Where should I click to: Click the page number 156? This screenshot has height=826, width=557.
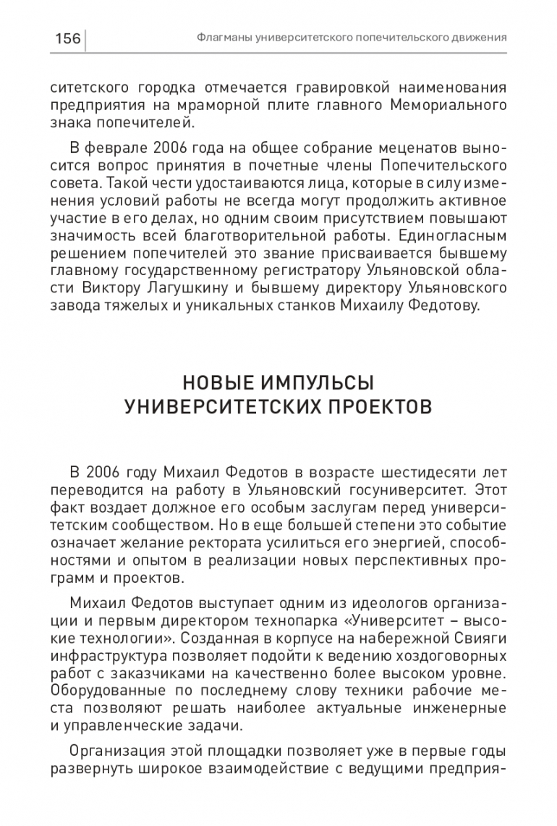pos(67,38)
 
